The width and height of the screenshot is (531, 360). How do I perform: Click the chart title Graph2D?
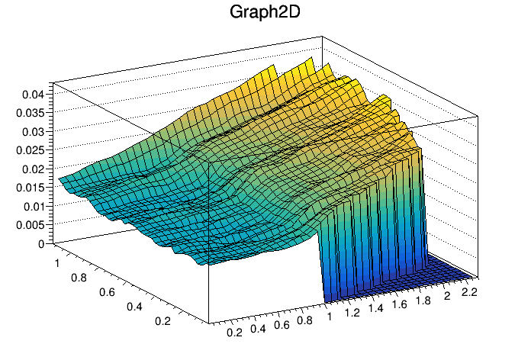[x=265, y=13]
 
